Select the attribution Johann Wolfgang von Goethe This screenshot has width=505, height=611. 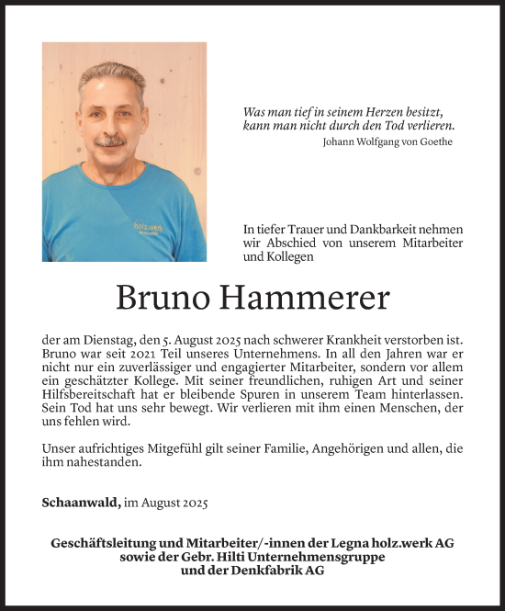[388, 141]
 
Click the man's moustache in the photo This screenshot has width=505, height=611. [111, 141]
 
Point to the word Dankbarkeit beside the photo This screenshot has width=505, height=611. [376, 228]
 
